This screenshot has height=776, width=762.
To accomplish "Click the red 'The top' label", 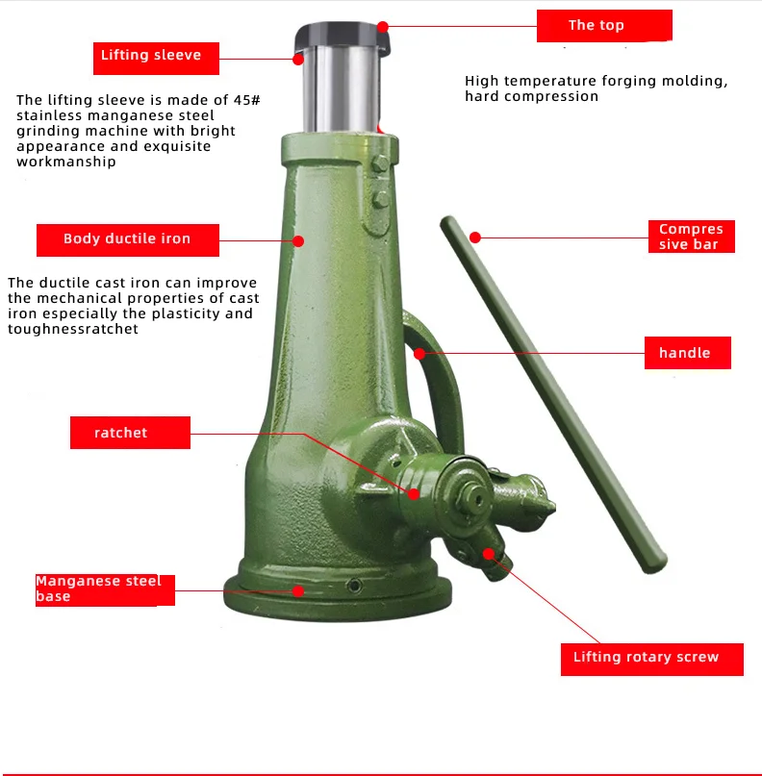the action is coord(604,26).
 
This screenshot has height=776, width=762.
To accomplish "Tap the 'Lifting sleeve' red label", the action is coord(156,59).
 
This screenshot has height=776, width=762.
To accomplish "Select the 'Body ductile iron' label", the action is coord(128,240).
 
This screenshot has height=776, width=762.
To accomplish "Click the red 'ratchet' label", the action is coord(130,433).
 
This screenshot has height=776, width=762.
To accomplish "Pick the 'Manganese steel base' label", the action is coord(105,589).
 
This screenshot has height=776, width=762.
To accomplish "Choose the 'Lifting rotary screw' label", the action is coord(652,660).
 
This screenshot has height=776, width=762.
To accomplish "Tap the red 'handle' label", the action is coord(687,353).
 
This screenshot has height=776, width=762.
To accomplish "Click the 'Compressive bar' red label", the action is coord(691,237).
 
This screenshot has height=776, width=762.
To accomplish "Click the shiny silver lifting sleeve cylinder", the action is coord(341,89).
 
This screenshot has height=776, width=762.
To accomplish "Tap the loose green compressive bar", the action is coord(553,394).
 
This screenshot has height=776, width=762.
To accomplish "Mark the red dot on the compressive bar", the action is coord(475,238).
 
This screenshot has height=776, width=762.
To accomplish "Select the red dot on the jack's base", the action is coord(298,591).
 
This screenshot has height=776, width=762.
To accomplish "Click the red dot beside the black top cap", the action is coord(382,27).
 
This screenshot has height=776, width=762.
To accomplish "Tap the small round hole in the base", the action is coord(354,586).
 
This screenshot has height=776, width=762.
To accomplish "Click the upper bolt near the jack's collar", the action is coord(380,163).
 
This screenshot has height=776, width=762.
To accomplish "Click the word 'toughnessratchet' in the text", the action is coord(73,329).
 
